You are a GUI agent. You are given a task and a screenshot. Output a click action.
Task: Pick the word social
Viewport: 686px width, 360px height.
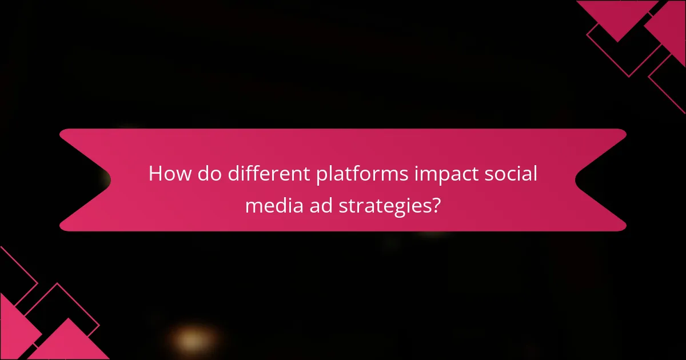tap(510, 174)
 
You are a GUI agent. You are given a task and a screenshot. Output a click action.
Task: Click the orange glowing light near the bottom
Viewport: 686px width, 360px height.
tap(188, 339)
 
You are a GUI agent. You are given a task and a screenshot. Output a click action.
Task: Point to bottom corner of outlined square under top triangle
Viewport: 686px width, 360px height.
tap(629, 77)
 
